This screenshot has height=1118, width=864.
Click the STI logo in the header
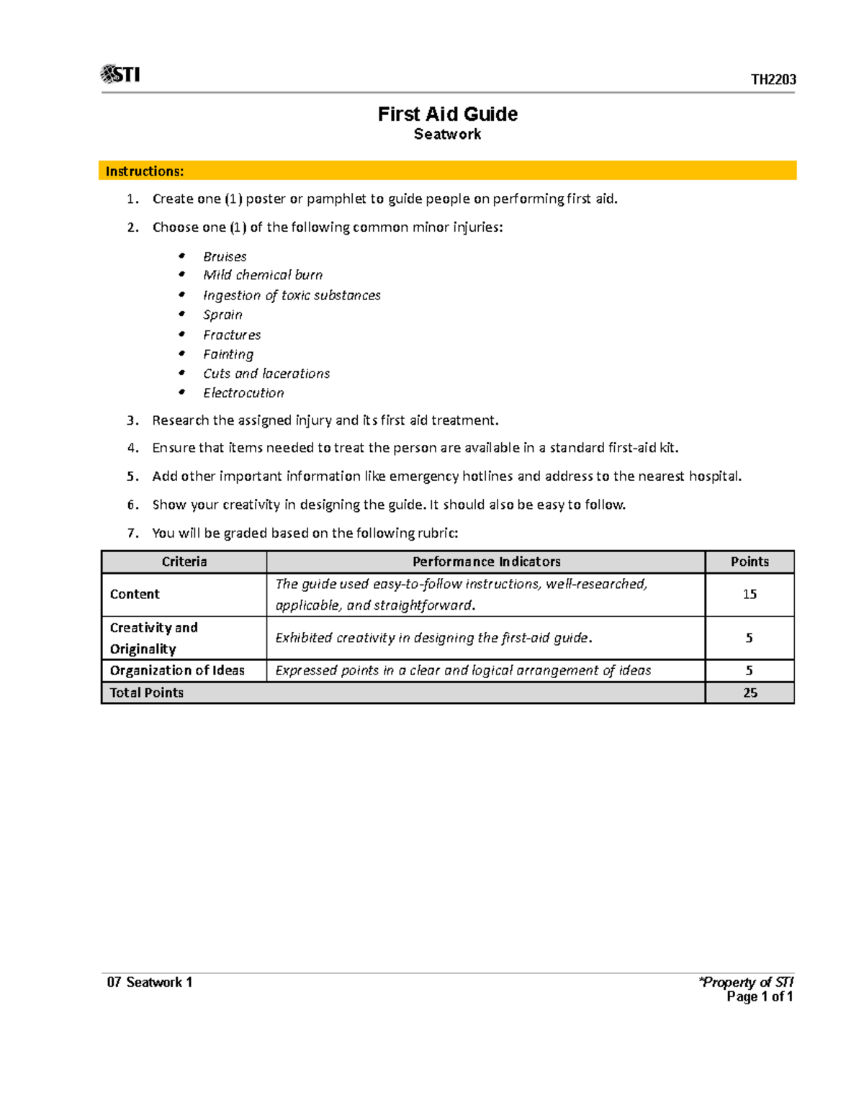tap(120, 74)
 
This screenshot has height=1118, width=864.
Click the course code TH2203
tap(773, 80)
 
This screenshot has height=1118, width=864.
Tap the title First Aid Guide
tap(447, 114)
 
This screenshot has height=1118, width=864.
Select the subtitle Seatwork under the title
tap(447, 135)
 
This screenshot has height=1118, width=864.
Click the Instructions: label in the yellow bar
tap(145, 171)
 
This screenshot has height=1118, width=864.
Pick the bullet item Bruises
tap(225, 257)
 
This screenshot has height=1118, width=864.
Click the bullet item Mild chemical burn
tap(263, 275)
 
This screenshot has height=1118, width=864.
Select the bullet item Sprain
tap(222, 315)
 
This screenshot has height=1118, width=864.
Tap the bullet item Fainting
tap(228, 354)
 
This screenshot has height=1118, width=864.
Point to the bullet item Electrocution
tap(243, 393)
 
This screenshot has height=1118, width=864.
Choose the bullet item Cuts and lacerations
tap(266, 374)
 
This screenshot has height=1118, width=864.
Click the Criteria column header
tap(184, 562)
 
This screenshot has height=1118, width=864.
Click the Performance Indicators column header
tap(486, 562)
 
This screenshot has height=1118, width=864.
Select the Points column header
tap(750, 562)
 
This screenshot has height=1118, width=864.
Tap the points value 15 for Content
tap(750, 594)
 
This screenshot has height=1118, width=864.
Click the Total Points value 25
tap(750, 693)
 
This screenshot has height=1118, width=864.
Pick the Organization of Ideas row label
tap(177, 670)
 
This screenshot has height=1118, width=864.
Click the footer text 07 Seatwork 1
tap(150, 983)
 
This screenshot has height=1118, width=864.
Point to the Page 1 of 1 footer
tap(760, 997)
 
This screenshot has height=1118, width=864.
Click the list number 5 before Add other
tap(132, 477)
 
